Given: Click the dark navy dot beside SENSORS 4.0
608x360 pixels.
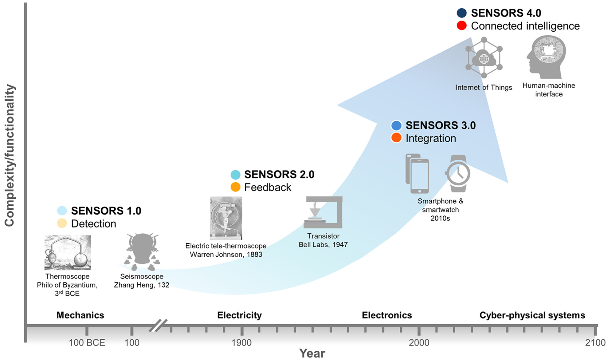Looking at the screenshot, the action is click(461, 13).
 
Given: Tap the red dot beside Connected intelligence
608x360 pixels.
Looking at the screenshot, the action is click(461, 26).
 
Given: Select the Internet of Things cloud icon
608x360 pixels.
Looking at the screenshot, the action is click(484, 58).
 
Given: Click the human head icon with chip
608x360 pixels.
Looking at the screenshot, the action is click(546, 57).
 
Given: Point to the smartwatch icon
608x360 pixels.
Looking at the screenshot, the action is click(458, 173).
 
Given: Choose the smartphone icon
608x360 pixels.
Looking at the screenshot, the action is click(418, 174).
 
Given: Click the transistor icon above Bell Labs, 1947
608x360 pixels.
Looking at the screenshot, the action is click(323, 212).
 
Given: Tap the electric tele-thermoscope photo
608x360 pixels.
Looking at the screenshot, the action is click(226, 218).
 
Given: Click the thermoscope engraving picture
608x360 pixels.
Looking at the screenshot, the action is click(68, 253).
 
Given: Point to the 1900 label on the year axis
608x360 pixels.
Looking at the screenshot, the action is click(242, 342).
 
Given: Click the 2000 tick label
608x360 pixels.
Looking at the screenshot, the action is click(419, 342).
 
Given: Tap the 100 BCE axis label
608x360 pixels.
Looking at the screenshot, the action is click(87, 342).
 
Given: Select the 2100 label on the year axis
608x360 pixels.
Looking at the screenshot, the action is click(595, 342).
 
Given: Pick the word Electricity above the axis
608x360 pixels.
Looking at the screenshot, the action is click(239, 315).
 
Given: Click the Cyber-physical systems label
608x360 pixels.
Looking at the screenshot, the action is click(532, 315).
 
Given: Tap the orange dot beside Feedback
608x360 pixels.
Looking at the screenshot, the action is click(235, 187).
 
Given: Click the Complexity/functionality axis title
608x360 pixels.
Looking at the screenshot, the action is click(10, 155).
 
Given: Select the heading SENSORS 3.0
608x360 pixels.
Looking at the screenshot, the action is click(441, 125).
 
